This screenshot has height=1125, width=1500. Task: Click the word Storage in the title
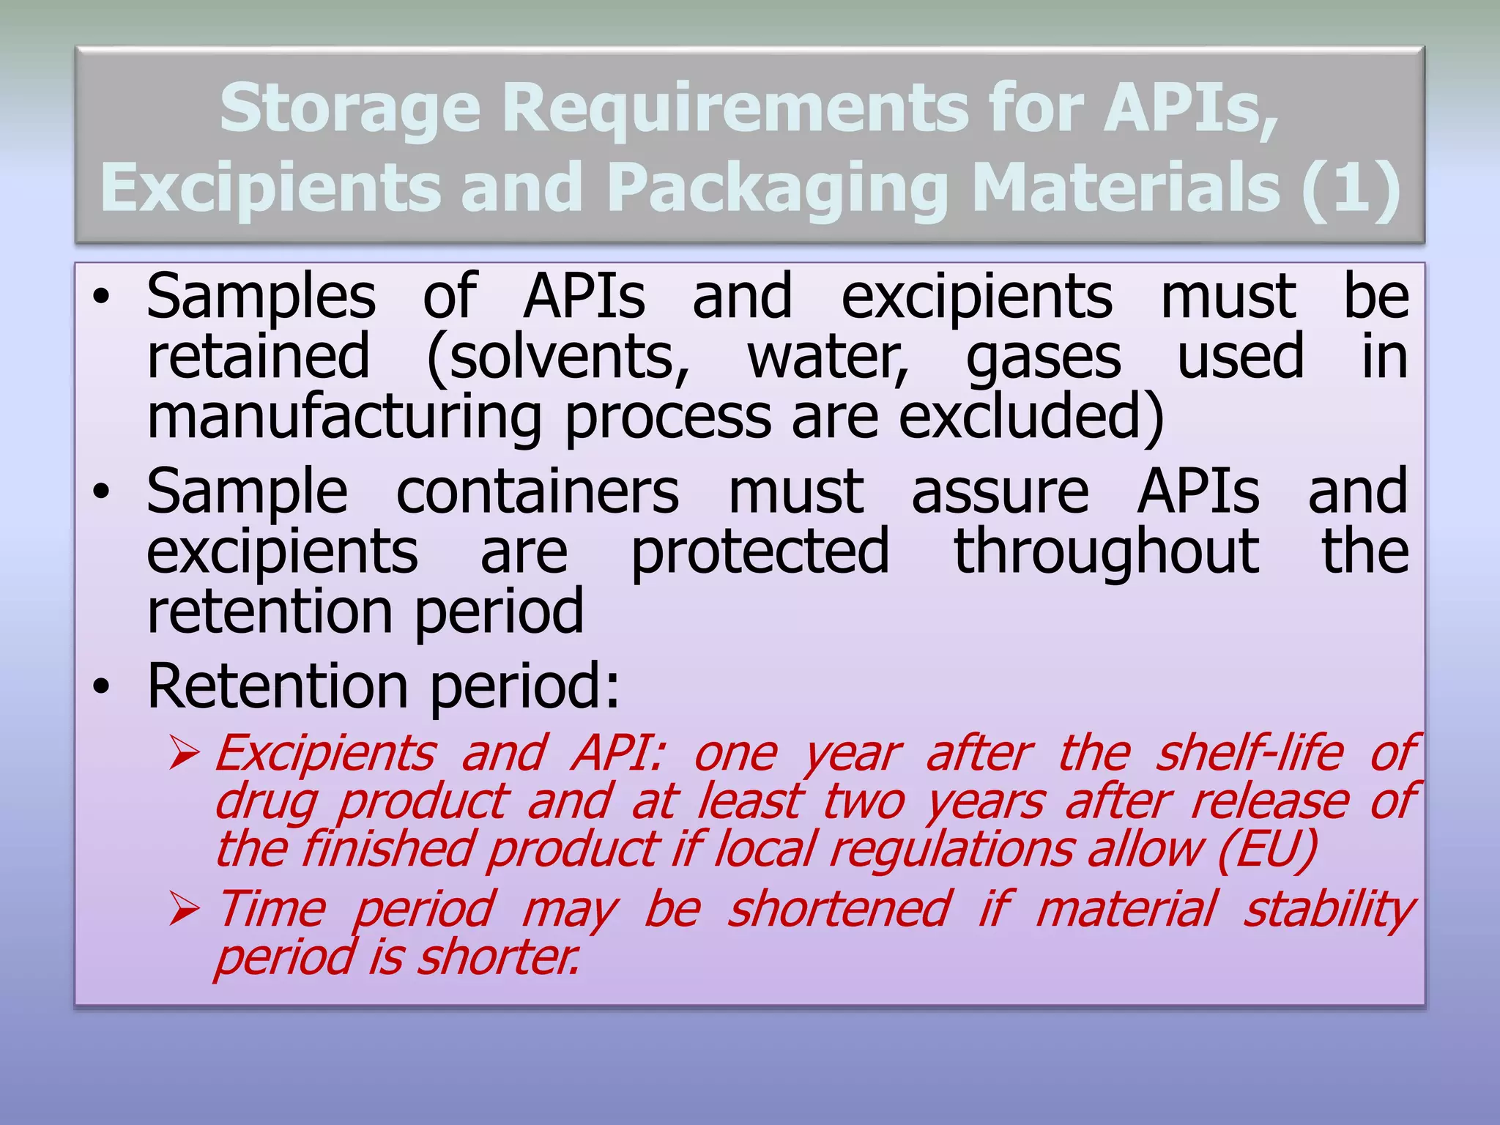point(350,108)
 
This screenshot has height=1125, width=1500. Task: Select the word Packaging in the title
point(778,189)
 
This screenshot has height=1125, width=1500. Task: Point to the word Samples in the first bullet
point(261,297)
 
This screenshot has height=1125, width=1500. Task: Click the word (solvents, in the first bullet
point(558,357)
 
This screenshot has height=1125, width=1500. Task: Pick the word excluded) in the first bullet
point(1031,416)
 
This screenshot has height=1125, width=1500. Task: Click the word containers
point(538,492)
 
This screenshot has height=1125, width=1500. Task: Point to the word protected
point(760,552)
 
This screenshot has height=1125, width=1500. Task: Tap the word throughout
point(1106,552)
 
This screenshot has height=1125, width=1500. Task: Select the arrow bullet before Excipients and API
point(184,754)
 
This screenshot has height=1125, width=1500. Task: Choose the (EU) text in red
point(1268,850)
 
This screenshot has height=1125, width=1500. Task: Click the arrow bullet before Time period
point(184,910)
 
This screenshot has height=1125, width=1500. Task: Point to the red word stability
point(1329,910)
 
